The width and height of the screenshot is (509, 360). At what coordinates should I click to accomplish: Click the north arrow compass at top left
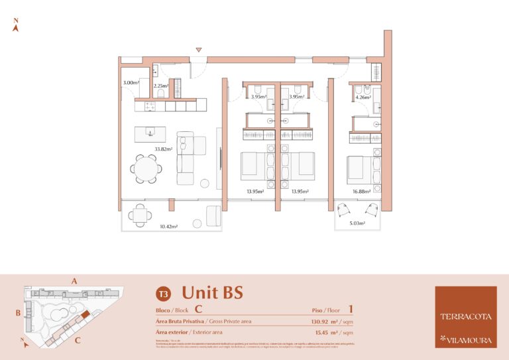[16, 26]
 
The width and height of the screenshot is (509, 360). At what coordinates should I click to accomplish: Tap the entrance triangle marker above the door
[198, 50]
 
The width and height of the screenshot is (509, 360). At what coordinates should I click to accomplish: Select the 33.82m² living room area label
[164, 149]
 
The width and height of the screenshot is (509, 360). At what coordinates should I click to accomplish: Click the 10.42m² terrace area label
[169, 227]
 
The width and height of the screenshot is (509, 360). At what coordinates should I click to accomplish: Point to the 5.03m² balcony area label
[357, 223]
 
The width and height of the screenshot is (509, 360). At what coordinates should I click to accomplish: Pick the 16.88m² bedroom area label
[361, 192]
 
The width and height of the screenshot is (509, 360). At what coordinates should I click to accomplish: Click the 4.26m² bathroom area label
[363, 97]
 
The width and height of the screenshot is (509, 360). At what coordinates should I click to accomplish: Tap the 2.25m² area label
[160, 86]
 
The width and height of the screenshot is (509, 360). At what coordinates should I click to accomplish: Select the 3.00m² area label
[131, 83]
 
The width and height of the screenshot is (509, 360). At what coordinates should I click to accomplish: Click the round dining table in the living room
[144, 168]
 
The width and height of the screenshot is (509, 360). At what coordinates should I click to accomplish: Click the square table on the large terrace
[138, 213]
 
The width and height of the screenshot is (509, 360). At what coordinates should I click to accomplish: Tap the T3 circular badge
[162, 294]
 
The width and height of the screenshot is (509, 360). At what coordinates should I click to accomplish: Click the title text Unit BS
[212, 292]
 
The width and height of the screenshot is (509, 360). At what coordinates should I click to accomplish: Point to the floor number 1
[350, 308]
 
